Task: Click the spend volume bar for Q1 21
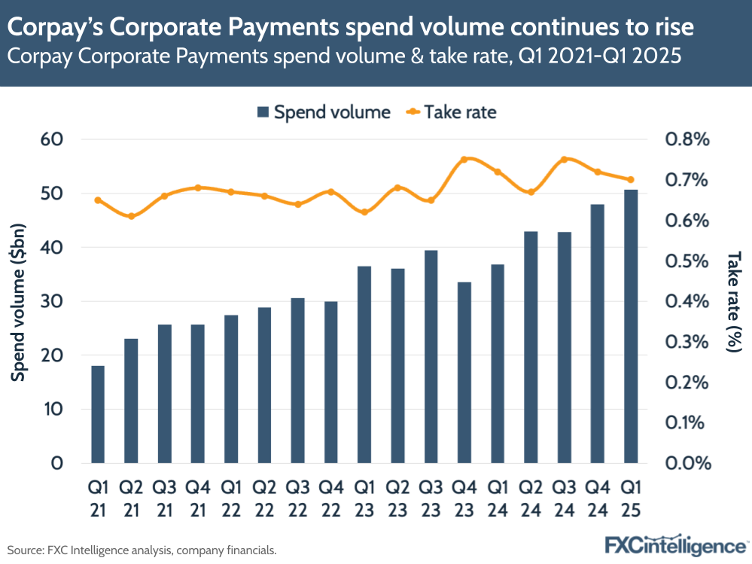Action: tap(98, 414)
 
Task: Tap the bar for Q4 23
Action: tap(464, 372)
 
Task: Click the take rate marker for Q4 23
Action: tap(464, 160)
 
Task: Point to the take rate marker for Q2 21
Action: tap(132, 216)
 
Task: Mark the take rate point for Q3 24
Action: tap(564, 160)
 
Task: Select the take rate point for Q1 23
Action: tap(364, 212)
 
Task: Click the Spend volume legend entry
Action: tap(324, 112)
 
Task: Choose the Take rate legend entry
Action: tap(452, 112)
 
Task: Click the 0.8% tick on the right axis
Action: tap(687, 140)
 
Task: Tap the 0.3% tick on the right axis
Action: tap(687, 342)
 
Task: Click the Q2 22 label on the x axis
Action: tap(264, 498)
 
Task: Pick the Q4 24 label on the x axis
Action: tap(598, 498)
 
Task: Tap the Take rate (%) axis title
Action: tap(733, 301)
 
